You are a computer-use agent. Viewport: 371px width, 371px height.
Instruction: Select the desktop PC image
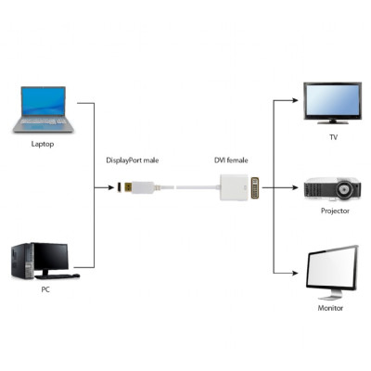[42, 261]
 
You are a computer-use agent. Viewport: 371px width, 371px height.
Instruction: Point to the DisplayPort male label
[133, 160]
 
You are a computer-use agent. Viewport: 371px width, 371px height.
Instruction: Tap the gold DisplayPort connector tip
[121, 188]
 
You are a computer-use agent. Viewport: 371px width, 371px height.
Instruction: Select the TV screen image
[331, 103]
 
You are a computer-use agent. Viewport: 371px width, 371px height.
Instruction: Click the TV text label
[333, 137]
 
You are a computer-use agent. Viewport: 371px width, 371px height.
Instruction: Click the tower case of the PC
[21, 262]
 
